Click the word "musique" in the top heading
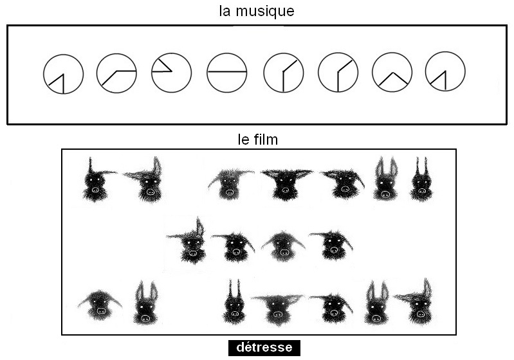pos(265,12)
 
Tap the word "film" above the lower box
pos(266,139)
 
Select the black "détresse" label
pos(264,348)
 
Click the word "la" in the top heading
pos(225,11)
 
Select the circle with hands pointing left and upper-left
pos(172,73)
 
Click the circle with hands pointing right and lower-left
pos(116,73)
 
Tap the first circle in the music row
pos(63,74)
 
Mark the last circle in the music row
pos(445,71)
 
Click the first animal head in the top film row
pos(96,179)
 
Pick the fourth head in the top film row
pos(286,183)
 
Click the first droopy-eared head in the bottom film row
pos(100,305)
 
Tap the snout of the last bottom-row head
pos(420,314)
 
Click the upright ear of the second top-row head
pos(157,165)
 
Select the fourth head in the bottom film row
pos(277,309)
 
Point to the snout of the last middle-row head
pos(334,250)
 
